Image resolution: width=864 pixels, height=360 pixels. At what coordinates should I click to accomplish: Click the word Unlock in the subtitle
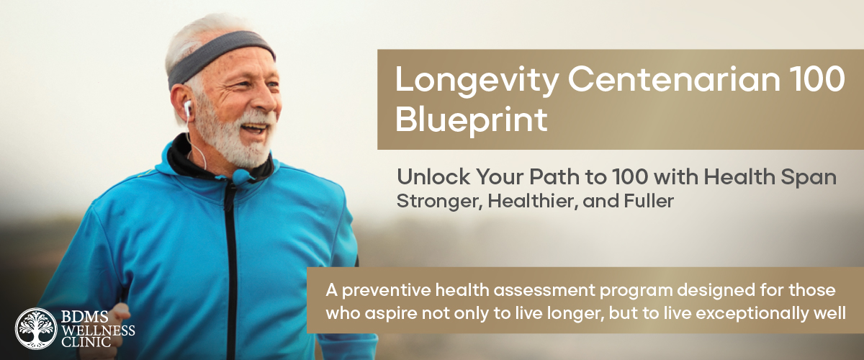click(433, 176)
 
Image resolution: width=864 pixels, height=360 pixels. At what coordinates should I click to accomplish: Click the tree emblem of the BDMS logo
click(36, 329)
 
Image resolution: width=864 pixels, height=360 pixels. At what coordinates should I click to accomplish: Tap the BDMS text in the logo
click(84, 318)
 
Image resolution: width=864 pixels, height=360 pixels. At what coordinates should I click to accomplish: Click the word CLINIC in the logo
click(86, 342)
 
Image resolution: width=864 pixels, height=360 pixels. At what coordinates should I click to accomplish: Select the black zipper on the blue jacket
click(231, 270)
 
